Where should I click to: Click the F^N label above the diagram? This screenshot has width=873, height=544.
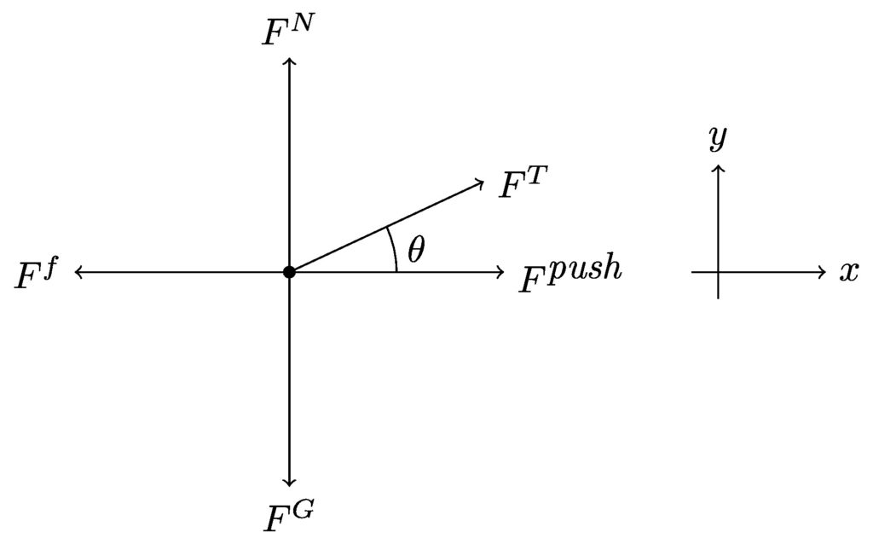tap(285, 30)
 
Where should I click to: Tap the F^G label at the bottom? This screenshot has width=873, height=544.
tap(288, 515)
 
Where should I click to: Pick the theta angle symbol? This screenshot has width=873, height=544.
tap(416, 249)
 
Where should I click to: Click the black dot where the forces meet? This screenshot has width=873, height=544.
tap(289, 272)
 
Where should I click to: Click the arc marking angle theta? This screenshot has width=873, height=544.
tap(394, 249)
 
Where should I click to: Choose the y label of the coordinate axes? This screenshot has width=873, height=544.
tap(718, 137)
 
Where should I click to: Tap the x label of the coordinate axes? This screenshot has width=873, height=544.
tap(849, 272)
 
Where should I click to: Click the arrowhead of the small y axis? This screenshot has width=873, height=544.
tap(718, 168)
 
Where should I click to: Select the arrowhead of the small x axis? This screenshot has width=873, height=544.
tap(824, 272)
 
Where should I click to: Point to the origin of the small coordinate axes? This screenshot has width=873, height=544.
tap(718, 272)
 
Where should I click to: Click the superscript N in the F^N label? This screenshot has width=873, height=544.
tap(296, 24)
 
